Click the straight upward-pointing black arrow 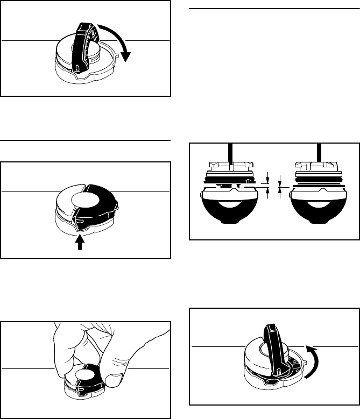coord(80,243)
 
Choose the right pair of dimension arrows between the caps coord(280,184)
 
